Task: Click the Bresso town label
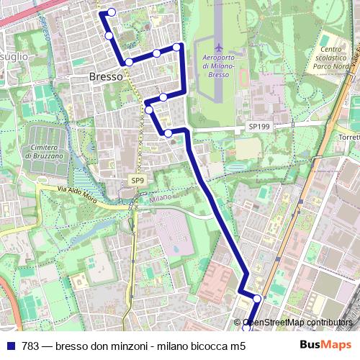106,76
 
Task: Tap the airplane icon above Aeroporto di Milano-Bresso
219,48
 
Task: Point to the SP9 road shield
137,179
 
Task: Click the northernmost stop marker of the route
112,12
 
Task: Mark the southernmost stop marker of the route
246,328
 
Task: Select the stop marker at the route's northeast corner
176,48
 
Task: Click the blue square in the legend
10,346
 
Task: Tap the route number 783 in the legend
30,346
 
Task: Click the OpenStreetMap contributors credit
297,323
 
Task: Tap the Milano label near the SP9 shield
161,197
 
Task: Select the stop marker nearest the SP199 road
168,132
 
